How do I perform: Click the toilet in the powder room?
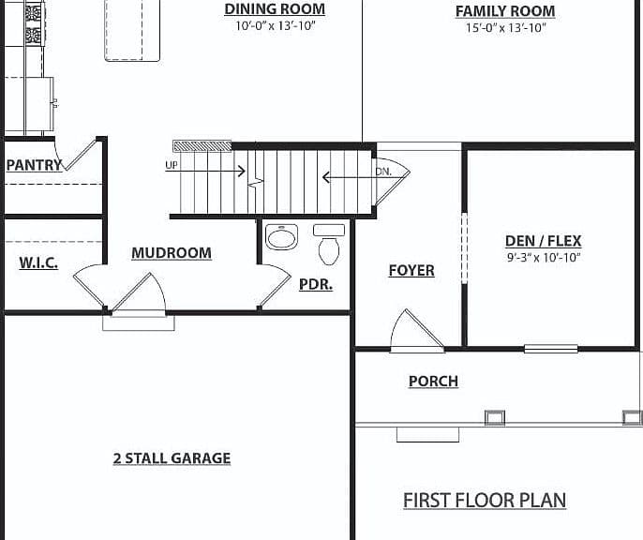click(329, 244)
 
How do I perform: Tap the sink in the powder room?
click(281, 237)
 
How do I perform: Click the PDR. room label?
click(316, 284)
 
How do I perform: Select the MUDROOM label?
click(172, 253)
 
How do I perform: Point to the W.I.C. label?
click(38, 262)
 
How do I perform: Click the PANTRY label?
click(34, 165)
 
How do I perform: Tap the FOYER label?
click(411, 271)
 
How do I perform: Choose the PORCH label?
click(433, 382)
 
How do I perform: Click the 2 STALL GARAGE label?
click(172, 458)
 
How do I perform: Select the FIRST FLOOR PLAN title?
click(485, 501)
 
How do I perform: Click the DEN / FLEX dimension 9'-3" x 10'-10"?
click(544, 258)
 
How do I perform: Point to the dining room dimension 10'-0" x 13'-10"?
click(276, 25)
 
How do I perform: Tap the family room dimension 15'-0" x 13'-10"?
click(505, 28)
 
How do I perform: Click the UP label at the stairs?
click(172, 165)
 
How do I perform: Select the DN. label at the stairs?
click(384, 172)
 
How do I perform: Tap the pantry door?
click(80, 155)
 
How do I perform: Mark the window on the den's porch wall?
click(551, 349)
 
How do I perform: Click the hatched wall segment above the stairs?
click(202, 146)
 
